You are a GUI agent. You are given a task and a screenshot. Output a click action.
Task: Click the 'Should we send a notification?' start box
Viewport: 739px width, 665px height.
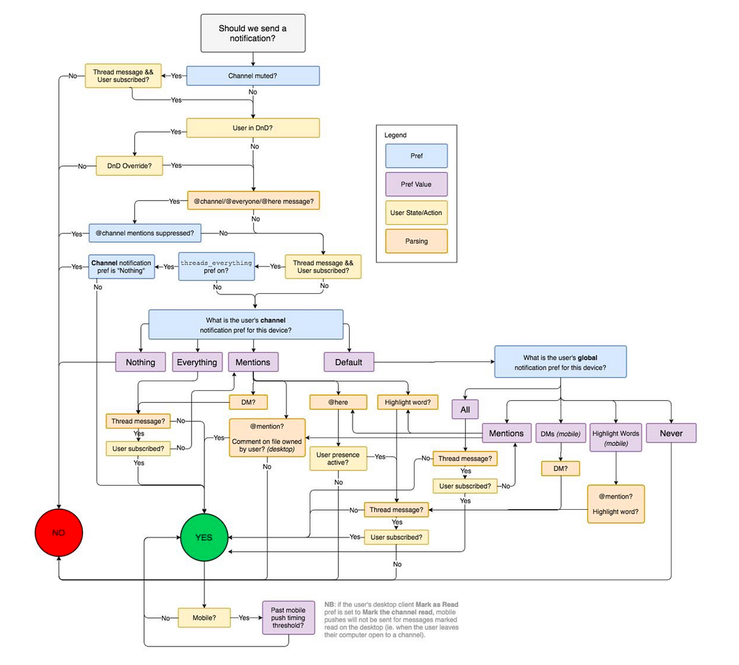(252, 33)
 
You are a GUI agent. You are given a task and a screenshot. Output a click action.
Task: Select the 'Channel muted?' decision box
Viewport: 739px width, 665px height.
(252, 76)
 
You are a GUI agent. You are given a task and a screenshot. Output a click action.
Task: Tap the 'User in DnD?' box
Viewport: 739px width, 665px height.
(252, 128)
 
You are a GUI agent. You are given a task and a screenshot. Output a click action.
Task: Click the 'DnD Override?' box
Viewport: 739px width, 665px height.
(129, 166)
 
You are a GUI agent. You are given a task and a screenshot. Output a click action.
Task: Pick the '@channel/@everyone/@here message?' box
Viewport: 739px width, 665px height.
(253, 201)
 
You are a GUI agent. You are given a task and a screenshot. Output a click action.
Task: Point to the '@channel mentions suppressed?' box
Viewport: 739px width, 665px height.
(145, 233)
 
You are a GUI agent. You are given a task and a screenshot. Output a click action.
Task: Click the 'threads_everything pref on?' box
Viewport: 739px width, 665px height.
(216, 267)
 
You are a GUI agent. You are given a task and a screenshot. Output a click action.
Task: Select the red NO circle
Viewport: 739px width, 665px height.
(59, 533)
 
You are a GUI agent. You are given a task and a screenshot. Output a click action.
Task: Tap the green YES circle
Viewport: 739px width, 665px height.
(204, 538)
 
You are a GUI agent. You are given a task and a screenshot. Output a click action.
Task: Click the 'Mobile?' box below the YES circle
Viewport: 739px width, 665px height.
(204, 618)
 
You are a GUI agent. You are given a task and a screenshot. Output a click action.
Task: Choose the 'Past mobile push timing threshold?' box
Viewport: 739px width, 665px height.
(288, 618)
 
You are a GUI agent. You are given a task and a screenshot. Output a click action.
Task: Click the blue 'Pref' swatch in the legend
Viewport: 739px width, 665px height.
(416, 156)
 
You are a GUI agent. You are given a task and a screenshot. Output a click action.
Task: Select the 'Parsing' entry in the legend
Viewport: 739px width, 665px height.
(416, 241)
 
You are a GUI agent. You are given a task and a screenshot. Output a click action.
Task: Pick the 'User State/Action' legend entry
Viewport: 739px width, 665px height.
(416, 212)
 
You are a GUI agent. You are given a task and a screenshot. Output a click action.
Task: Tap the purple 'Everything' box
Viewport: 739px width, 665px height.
(196, 362)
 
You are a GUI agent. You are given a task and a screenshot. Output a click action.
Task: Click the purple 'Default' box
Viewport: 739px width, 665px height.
(349, 362)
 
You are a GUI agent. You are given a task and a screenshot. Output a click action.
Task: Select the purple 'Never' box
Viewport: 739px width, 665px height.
(671, 433)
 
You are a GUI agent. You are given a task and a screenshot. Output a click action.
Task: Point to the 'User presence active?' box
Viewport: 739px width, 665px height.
(338, 459)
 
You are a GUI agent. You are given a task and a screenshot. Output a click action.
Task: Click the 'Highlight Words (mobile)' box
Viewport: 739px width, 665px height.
(616, 438)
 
